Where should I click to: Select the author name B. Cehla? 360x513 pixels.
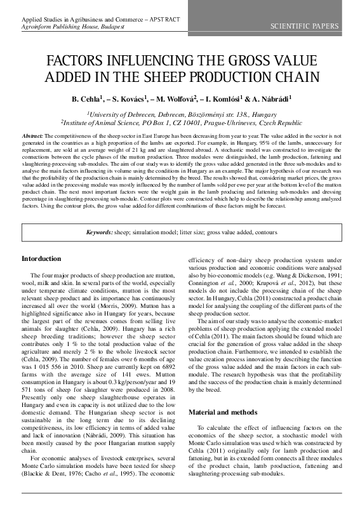coord(87,100)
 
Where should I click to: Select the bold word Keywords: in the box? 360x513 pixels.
coord(100,233)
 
